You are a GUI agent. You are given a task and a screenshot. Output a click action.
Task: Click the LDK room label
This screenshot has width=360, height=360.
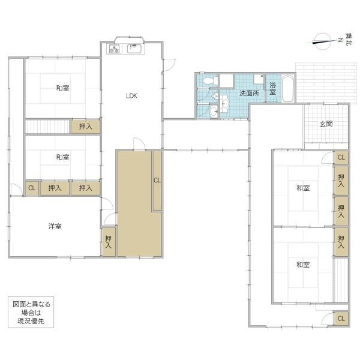(131, 96)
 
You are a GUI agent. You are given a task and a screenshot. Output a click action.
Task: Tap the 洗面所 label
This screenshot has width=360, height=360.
(250, 93)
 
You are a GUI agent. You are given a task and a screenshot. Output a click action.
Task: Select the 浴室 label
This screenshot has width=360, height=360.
(272, 89)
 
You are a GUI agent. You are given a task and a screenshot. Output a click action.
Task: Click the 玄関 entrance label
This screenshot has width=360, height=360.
(326, 124)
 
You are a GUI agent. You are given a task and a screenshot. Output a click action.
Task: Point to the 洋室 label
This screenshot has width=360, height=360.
(55, 226)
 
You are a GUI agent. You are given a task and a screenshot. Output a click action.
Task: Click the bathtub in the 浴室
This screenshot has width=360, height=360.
(288, 88)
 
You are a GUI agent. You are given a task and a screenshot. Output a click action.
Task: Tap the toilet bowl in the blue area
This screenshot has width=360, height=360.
(210, 81)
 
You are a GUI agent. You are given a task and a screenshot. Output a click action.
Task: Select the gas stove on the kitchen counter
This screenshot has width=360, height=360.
(114, 49)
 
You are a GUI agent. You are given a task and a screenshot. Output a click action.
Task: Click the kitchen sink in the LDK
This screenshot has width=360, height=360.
(134, 49)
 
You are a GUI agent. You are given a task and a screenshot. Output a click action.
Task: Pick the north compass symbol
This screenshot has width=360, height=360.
(323, 41)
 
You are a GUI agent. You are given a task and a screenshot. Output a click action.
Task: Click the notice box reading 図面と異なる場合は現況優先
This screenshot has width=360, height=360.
(31, 312)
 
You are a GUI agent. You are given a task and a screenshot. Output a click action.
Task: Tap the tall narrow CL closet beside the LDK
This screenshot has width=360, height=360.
(157, 181)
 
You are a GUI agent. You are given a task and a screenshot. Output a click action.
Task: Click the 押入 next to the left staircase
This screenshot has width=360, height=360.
(85, 126)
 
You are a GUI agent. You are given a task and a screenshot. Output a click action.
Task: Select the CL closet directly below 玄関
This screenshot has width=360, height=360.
(341, 157)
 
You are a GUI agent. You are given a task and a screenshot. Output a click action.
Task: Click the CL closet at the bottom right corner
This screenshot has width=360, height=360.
(341, 319)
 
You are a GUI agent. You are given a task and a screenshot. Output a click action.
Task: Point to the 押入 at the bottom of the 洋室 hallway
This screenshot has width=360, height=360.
(109, 242)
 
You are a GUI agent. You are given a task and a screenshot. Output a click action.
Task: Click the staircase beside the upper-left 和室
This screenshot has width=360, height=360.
(47, 126)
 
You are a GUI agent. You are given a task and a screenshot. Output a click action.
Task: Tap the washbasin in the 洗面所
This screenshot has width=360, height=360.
(225, 104)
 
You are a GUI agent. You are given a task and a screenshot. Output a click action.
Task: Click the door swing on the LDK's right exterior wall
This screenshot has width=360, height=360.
(169, 65)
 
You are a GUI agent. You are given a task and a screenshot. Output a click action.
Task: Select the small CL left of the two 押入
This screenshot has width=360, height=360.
(32, 188)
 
